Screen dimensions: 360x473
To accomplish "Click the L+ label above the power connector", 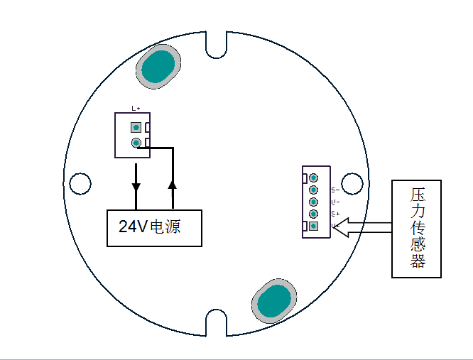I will pyautogui.click(x=136, y=109).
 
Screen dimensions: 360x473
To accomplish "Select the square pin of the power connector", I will pyautogui.click(x=135, y=128).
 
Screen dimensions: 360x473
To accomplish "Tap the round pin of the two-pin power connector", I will pyautogui.click(x=135, y=143).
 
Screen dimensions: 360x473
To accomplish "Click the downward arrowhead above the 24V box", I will pyautogui.click(x=136, y=187).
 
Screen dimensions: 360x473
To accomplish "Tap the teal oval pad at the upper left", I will pyautogui.click(x=157, y=68).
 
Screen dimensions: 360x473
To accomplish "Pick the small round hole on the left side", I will pyautogui.click(x=80, y=183).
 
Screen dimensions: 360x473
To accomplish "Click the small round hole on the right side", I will pyautogui.click(x=352, y=183).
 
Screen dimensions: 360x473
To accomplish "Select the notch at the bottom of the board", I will pyautogui.click(x=216, y=322).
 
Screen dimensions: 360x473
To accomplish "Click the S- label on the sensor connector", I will pyautogui.click(x=335, y=190).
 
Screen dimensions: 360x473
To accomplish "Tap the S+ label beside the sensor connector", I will pyautogui.click(x=335, y=214).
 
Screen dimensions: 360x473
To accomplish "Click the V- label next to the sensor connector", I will pyautogui.click(x=335, y=202).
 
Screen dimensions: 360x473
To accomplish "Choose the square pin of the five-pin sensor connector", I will pyautogui.click(x=313, y=226).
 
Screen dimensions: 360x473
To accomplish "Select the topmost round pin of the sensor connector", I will pyautogui.click(x=313, y=178).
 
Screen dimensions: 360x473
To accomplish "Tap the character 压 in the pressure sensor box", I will pyautogui.click(x=418, y=195).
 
